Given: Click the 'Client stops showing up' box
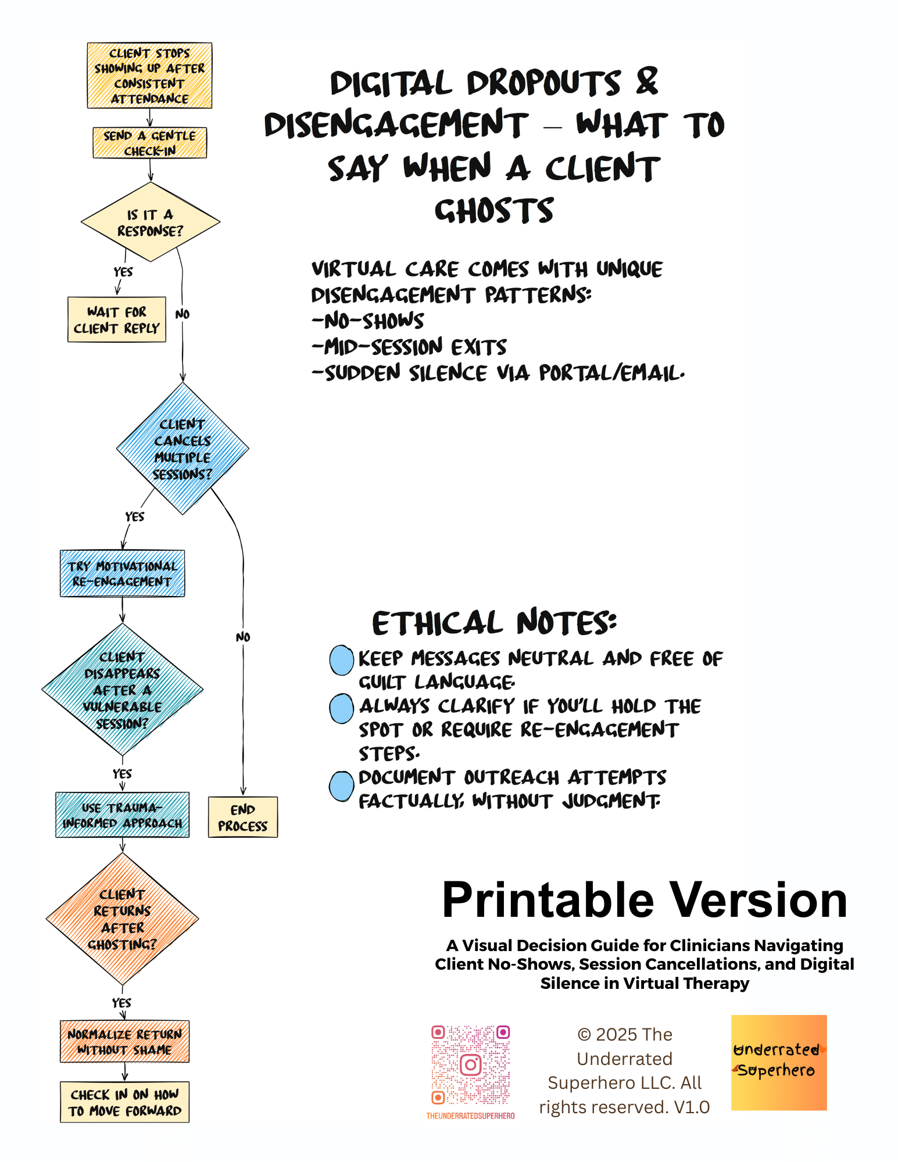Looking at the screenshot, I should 149,76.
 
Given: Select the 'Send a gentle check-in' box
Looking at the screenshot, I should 149,143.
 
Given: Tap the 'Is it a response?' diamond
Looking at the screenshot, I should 150,222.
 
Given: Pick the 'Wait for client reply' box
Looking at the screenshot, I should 117,320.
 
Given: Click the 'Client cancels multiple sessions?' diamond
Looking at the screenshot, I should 183,449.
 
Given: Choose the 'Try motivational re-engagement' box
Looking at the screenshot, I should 122,573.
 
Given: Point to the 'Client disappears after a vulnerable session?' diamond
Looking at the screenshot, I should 122,690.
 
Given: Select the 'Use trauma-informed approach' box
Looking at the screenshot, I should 122,815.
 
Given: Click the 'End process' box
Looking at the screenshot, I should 243,817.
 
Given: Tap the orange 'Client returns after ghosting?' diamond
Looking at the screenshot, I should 122,919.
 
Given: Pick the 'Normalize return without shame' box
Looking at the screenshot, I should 124,1042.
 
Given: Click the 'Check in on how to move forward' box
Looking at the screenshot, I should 124,1102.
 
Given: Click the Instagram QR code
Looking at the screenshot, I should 470,1065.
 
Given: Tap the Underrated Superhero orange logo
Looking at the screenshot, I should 779,1063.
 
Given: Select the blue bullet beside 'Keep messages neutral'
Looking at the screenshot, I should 342,660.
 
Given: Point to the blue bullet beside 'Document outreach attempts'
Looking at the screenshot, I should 342,786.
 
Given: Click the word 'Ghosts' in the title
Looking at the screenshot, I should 494,210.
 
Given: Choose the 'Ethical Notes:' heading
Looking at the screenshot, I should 494,623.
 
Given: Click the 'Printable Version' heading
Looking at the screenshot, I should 645,900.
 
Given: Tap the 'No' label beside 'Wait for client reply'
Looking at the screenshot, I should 183,314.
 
